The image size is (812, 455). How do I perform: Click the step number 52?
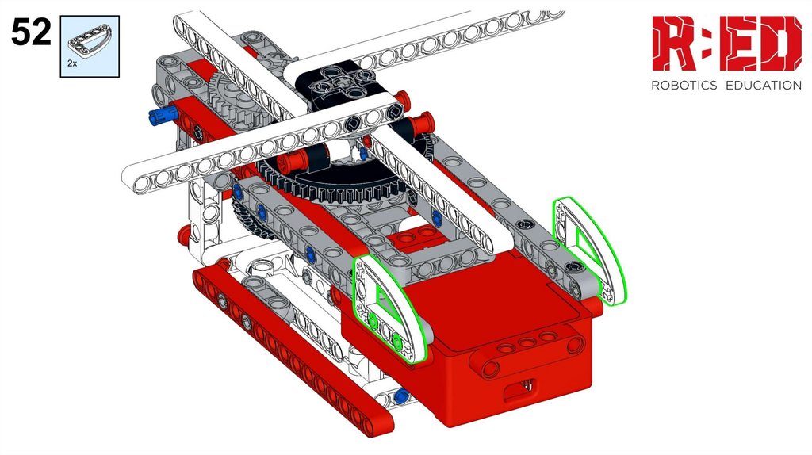click(x=31, y=32)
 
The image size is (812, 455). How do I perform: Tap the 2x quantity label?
click(x=72, y=63)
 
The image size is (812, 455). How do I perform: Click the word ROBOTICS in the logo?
click(x=684, y=86)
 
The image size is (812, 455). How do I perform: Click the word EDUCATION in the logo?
click(x=764, y=86)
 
